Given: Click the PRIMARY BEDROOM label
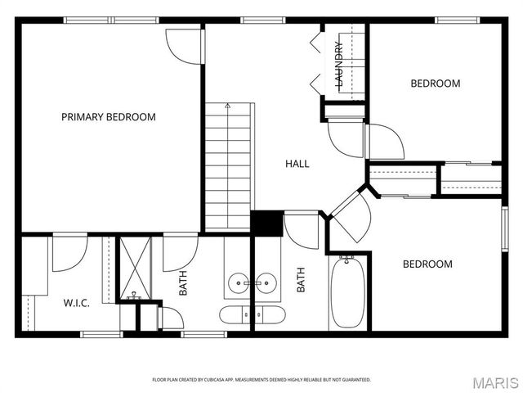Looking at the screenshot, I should coord(108,117).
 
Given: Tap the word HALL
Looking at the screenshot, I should coord(297,164).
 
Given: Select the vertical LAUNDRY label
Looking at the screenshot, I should coord(339,64).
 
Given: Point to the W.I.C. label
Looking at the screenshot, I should coord(77,302).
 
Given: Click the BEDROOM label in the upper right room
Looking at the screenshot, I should coord(435,84).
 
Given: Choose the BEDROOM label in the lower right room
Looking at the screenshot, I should coord(427,264).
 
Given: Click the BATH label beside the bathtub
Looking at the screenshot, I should coord(301,281).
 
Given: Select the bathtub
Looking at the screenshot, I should coord(346,291).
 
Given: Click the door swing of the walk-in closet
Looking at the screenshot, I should coord(69,254).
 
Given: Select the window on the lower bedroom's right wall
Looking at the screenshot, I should coord(504,226).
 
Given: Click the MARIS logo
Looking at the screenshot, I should coord(494,382).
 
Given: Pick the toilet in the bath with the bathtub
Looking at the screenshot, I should coord(270,315).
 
